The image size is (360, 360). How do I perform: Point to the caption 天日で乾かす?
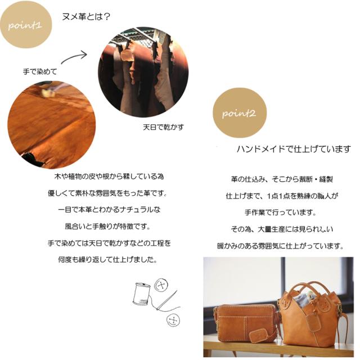coord(163,127)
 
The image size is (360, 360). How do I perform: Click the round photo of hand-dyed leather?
coord(51,125)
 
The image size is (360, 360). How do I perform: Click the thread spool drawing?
coord(141,295)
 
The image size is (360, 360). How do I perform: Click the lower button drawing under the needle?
coord(173,319)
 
